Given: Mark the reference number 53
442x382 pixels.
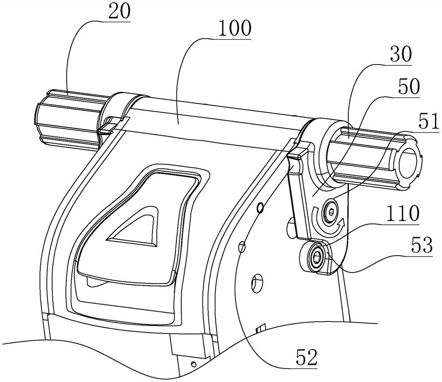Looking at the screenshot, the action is pyautogui.click(x=421, y=246).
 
